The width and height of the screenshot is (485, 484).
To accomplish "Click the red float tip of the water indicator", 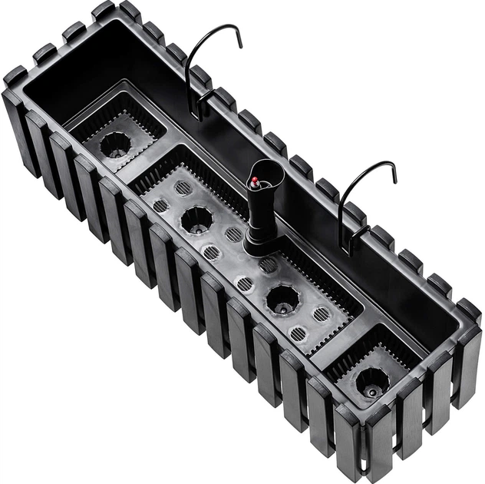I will [x=254, y=182].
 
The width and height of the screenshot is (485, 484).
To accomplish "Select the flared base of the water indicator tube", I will [x=261, y=245].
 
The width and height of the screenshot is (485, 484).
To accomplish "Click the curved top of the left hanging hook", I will [x=212, y=31].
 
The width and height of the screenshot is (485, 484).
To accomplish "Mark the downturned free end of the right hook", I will [x=394, y=177].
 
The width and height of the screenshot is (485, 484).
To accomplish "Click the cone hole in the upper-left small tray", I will [x=116, y=144].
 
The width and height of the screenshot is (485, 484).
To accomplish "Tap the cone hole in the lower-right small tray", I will [x=372, y=382].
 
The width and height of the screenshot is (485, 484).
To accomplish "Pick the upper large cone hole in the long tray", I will [x=196, y=220].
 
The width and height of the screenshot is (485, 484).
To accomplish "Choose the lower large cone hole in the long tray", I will [x=282, y=299].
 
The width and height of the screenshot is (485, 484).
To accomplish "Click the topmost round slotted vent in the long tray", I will [x=183, y=188].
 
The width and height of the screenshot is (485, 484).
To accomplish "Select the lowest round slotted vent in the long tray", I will [x=299, y=333].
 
